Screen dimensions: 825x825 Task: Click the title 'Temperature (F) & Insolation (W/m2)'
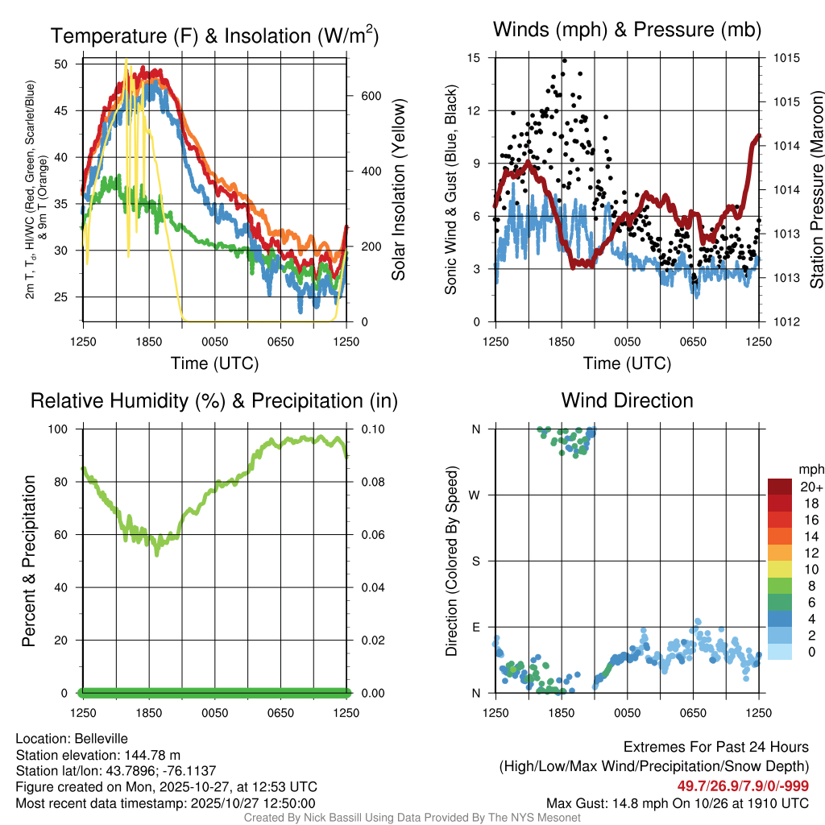pos(214,35)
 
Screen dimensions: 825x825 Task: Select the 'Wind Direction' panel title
pos(627,400)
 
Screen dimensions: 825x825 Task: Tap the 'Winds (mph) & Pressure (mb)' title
pos(627,30)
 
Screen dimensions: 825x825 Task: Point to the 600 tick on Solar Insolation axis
pos(359,95)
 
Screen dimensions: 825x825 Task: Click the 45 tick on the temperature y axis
pos(70,110)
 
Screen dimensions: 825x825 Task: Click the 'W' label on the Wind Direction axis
pos(475,495)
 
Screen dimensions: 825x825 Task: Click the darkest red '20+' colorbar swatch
pos(780,487)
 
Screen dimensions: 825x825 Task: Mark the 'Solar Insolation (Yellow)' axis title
pos(398,190)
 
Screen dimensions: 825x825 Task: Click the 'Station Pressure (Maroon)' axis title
pos(815,190)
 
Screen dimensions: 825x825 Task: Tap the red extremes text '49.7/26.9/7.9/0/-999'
pos(743,786)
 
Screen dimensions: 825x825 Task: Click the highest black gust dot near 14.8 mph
pos(564,60)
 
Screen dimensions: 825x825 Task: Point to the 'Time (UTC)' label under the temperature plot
pos(214,363)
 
